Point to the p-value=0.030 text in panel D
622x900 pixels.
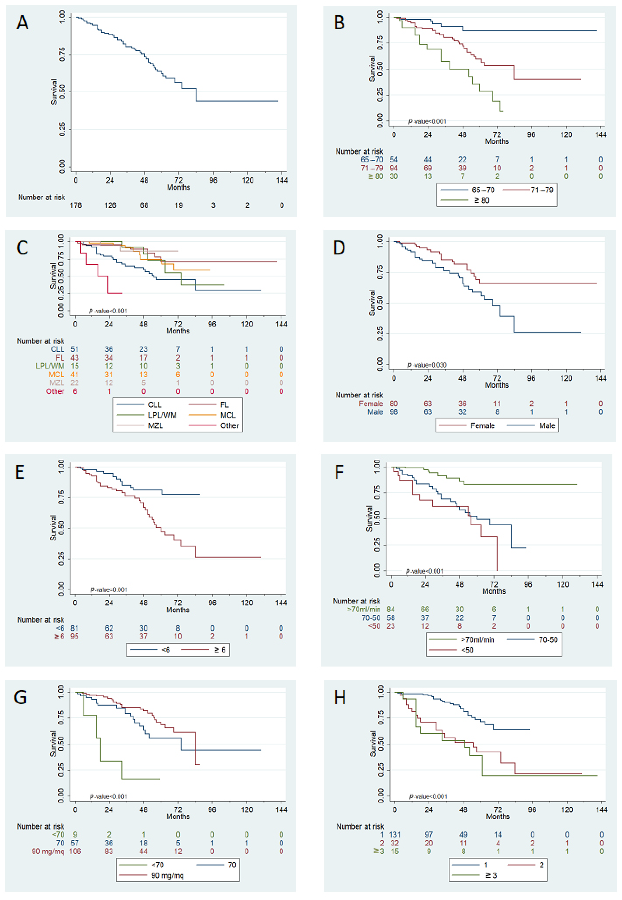click(x=427, y=365)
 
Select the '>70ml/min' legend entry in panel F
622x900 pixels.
click(x=477, y=639)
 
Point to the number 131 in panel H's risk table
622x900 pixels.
click(x=394, y=834)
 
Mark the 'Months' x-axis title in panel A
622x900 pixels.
click(x=179, y=188)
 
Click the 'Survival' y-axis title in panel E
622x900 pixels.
click(x=53, y=528)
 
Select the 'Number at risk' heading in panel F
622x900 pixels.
click(x=356, y=601)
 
